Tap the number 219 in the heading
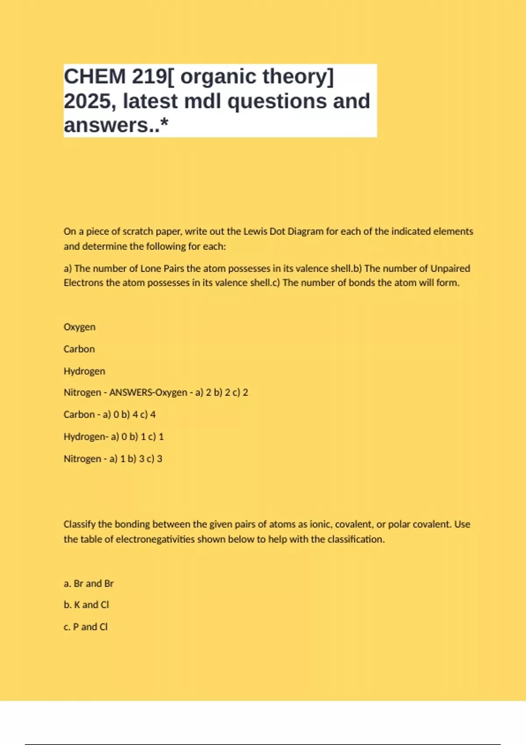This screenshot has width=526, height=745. (x=149, y=77)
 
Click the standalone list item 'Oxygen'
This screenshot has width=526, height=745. (x=79, y=327)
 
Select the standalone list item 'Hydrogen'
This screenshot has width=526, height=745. (x=84, y=371)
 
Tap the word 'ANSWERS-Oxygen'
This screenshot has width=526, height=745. (x=148, y=392)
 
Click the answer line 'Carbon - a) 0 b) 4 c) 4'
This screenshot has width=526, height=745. (x=110, y=415)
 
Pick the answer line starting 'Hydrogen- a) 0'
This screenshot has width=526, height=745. (x=114, y=436)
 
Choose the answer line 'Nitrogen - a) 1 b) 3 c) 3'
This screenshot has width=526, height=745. (x=113, y=459)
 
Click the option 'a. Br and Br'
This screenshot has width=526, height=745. (x=89, y=584)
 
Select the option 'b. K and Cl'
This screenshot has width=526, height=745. (x=86, y=605)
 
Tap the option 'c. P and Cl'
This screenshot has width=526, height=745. (x=85, y=627)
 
